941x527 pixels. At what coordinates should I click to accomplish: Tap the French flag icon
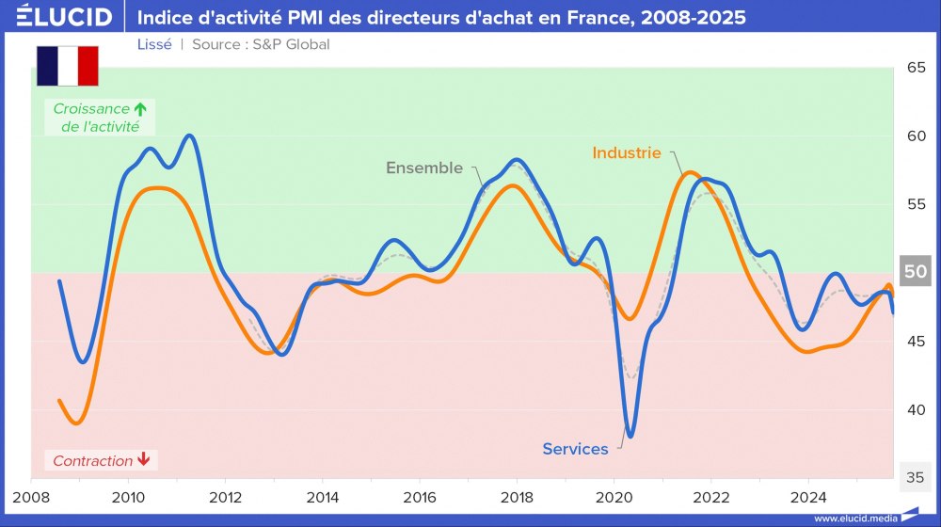click(67, 65)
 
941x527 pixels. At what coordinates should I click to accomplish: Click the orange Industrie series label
click(627, 152)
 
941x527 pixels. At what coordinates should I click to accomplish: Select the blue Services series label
click(575, 449)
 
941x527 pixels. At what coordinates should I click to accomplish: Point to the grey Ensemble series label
click(424, 168)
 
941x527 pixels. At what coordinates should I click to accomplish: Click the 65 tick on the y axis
click(916, 68)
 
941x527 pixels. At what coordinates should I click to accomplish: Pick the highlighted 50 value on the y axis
click(916, 272)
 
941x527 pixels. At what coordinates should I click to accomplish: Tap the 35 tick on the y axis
click(916, 477)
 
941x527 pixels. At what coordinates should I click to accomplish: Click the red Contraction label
click(92, 461)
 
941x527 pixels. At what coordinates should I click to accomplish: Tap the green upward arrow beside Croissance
click(139, 108)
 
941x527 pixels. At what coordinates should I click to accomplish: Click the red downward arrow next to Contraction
click(143, 460)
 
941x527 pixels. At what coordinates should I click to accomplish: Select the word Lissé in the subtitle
click(154, 44)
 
